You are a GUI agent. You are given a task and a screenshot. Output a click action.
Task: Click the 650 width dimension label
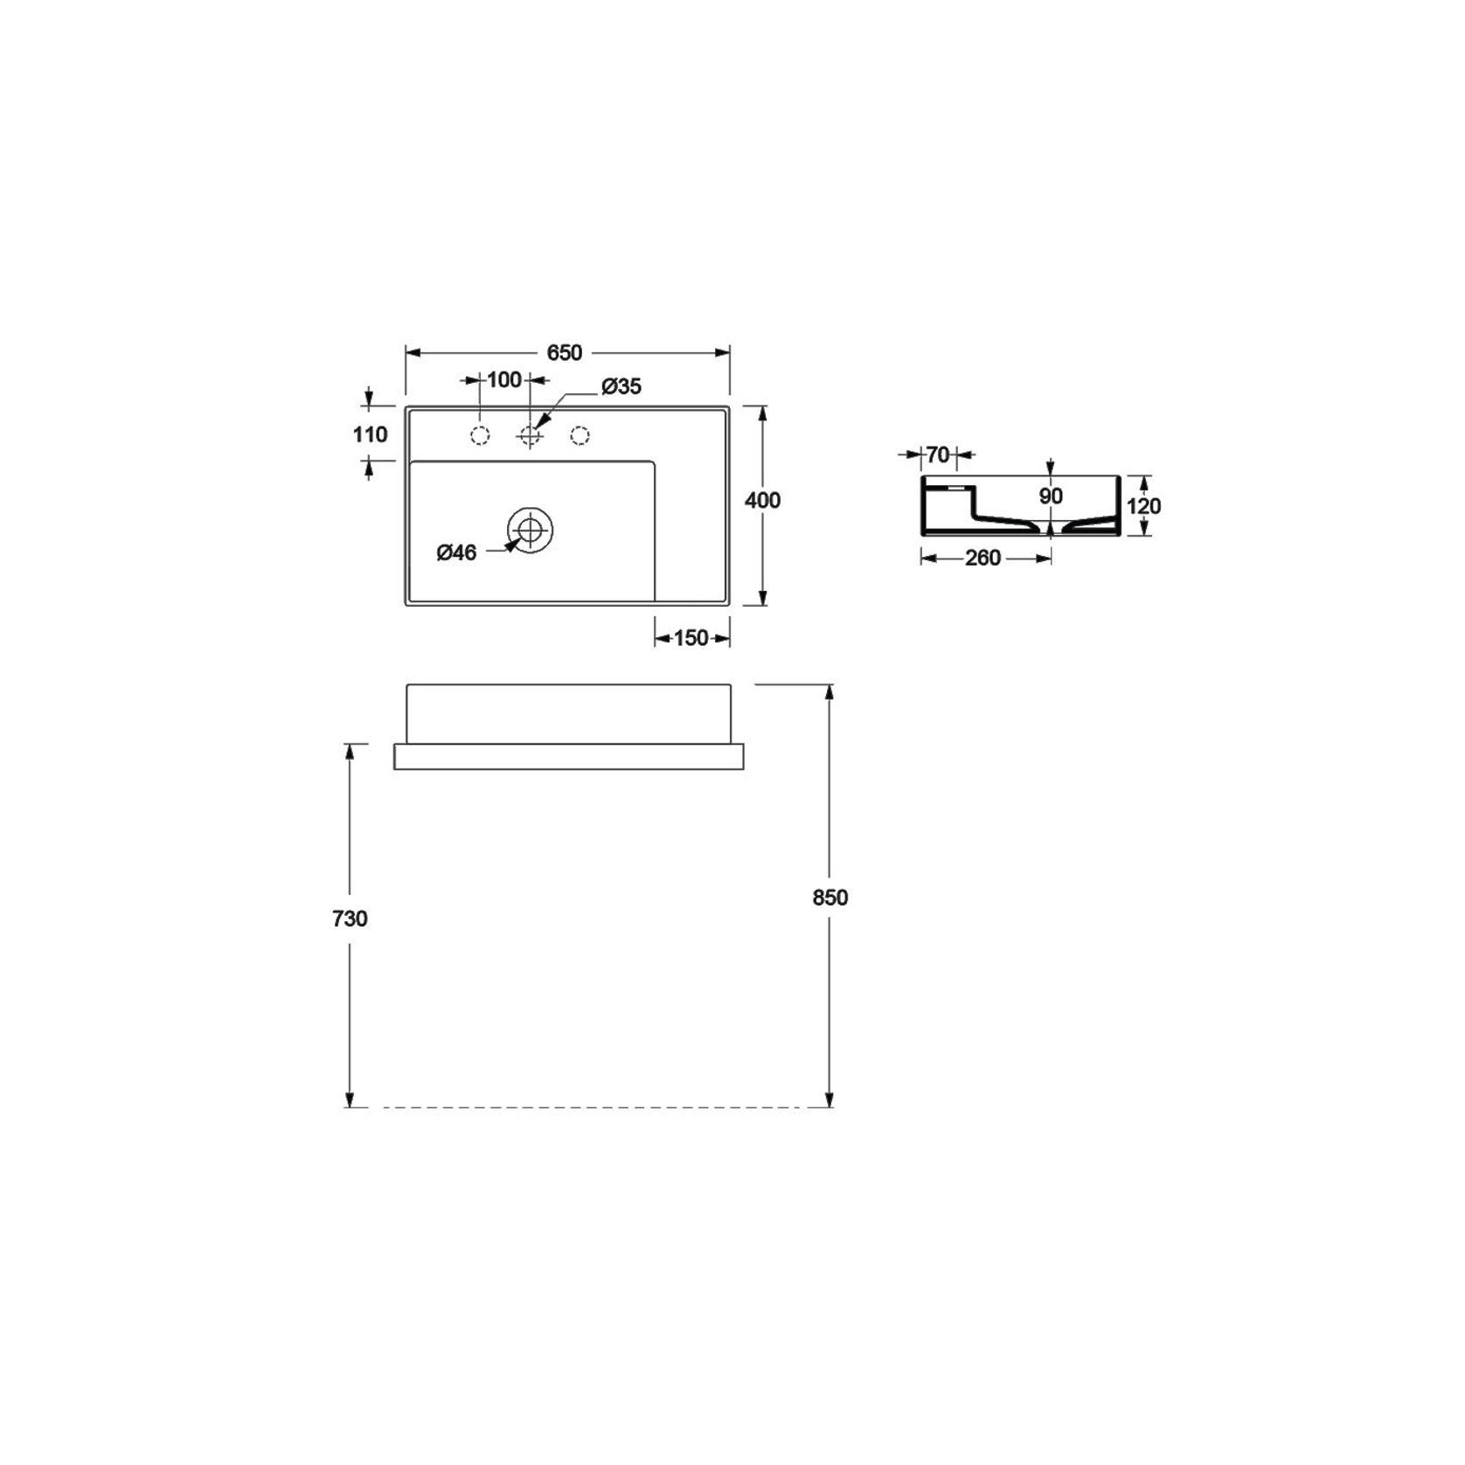[x=565, y=352]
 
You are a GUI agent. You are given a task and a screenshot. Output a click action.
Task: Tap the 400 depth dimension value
[x=762, y=500]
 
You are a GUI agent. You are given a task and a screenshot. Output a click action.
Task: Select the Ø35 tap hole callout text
[x=621, y=386]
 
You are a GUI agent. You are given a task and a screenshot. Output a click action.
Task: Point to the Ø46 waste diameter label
[x=456, y=552]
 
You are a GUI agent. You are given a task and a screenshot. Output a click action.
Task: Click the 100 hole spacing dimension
[x=504, y=379]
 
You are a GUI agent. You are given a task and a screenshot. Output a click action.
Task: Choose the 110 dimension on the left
[x=371, y=434]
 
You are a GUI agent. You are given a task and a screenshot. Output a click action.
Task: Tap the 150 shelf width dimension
[x=691, y=638]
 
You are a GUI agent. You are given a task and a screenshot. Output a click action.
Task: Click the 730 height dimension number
[x=350, y=919]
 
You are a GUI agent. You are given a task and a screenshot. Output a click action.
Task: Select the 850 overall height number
[x=830, y=898]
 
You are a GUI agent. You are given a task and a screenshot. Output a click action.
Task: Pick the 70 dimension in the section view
[x=937, y=455]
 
